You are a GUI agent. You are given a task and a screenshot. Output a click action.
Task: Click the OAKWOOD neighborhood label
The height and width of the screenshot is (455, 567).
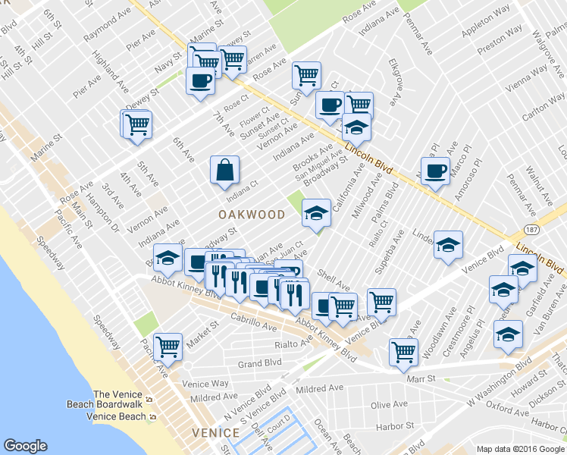pyautogui.click(x=251, y=215)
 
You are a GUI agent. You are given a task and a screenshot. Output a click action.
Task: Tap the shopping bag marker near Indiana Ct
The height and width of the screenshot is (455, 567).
pyautogui.click(x=225, y=171)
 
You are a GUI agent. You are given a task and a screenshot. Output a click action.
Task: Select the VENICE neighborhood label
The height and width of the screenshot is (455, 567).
pyautogui.click(x=216, y=433)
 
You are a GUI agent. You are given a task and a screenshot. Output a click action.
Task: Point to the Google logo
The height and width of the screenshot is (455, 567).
pyautogui.click(x=25, y=446)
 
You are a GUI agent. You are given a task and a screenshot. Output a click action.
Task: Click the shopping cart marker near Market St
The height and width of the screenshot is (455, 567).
pyautogui.click(x=168, y=347)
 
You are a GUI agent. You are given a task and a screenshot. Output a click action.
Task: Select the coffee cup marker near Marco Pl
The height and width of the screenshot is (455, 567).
pyautogui.click(x=435, y=171)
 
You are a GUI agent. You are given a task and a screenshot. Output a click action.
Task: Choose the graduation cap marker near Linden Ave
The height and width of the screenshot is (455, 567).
pyautogui.click(x=448, y=246)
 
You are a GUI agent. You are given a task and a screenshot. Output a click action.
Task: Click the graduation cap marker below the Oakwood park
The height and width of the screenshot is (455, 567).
pyautogui.click(x=316, y=213)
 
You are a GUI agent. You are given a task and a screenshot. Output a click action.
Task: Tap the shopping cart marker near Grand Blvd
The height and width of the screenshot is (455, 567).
pyautogui.click(x=403, y=351)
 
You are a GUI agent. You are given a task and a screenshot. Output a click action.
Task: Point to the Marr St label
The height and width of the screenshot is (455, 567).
pyautogui.click(x=421, y=378)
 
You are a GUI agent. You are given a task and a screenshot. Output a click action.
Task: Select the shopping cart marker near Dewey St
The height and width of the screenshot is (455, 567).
pyautogui.click(x=137, y=124)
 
